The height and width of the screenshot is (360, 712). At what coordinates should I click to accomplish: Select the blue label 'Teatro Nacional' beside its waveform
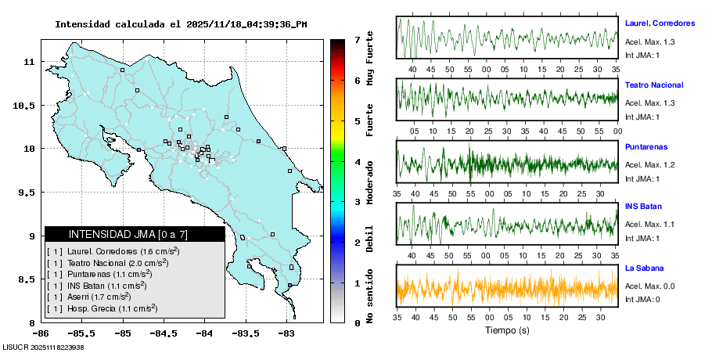point(653,85)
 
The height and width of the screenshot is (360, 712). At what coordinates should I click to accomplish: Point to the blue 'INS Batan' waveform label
point(643,207)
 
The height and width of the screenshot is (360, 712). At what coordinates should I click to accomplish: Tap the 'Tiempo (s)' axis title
point(507,331)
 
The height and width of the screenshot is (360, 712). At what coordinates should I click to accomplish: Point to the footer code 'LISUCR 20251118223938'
point(43,347)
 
